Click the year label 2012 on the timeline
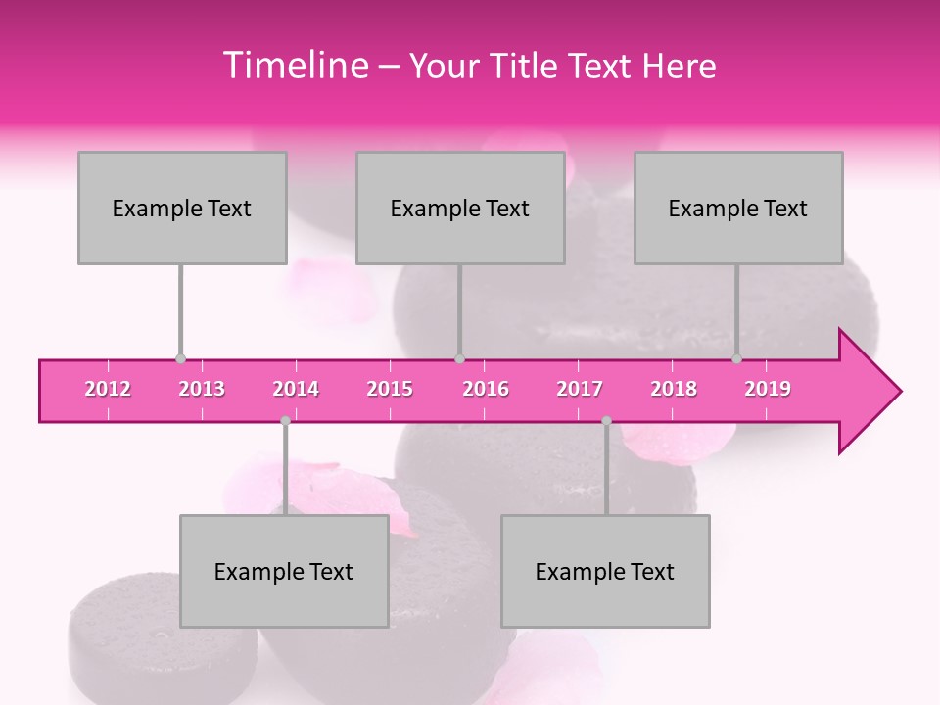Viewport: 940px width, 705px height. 108,389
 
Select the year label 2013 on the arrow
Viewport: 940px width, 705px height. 202,389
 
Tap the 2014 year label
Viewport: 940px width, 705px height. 296,389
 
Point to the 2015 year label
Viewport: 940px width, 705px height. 390,389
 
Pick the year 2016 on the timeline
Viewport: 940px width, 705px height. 486,389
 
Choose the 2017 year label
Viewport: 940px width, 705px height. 580,389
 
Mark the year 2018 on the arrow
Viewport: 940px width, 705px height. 674,389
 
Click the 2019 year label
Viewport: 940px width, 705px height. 768,389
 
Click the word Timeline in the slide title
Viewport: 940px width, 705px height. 294,66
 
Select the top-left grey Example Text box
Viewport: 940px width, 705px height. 182,208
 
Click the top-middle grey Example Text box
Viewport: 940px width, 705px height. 460,208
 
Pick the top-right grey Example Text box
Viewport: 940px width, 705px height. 738,208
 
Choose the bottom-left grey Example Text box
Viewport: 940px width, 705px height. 284,571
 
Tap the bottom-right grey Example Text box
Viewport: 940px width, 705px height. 605,571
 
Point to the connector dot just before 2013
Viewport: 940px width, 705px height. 180,359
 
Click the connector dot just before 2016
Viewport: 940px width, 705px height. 459,359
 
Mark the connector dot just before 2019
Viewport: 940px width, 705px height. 737,359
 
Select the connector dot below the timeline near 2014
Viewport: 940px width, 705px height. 285,421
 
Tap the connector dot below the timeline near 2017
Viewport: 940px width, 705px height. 606,421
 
